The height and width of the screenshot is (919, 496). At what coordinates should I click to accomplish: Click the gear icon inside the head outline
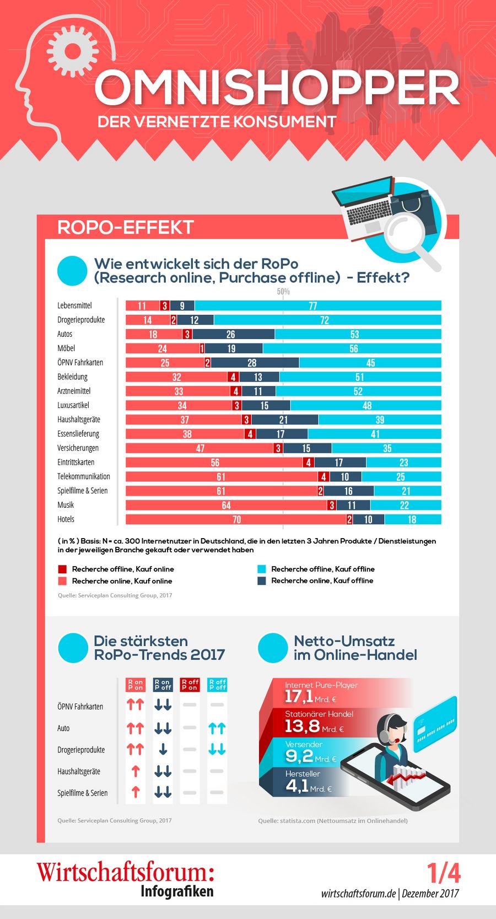[72, 51]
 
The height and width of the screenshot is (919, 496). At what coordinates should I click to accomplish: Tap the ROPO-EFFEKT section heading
[126, 227]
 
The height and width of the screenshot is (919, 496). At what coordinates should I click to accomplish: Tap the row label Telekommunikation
[84, 476]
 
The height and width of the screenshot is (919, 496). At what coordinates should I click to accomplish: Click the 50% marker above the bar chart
[283, 291]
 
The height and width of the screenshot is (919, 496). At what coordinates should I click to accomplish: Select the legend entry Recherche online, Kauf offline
[322, 581]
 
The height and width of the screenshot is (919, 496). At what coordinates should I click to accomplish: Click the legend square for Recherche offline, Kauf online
[62, 569]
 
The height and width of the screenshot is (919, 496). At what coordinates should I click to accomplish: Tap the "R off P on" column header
[190, 685]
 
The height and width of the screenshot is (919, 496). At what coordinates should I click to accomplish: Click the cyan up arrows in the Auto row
[217, 728]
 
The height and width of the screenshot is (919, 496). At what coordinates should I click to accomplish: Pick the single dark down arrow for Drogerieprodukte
[163, 750]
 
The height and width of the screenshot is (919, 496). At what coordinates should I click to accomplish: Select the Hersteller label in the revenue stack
[303, 773]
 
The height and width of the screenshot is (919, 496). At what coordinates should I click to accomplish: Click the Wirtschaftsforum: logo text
[126, 872]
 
